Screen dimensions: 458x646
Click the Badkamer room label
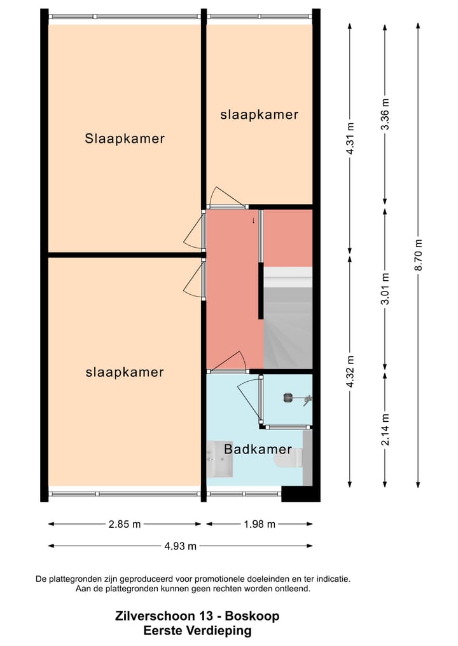click(x=258, y=449)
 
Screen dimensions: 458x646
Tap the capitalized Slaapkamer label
click(x=125, y=139)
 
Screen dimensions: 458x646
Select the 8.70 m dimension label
click(x=419, y=255)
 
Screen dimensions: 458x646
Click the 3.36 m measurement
click(x=385, y=114)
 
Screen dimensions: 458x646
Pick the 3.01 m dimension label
click(x=385, y=289)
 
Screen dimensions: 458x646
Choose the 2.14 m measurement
click(x=385, y=429)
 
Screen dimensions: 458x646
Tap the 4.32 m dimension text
click(x=350, y=371)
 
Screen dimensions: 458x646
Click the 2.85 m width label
click(x=125, y=525)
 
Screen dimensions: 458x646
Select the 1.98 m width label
click(x=260, y=525)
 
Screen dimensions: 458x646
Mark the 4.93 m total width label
click(x=180, y=546)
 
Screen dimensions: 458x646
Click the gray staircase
click(x=288, y=318)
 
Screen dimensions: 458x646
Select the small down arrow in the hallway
click(x=253, y=220)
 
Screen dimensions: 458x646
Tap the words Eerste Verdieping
click(x=197, y=631)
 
